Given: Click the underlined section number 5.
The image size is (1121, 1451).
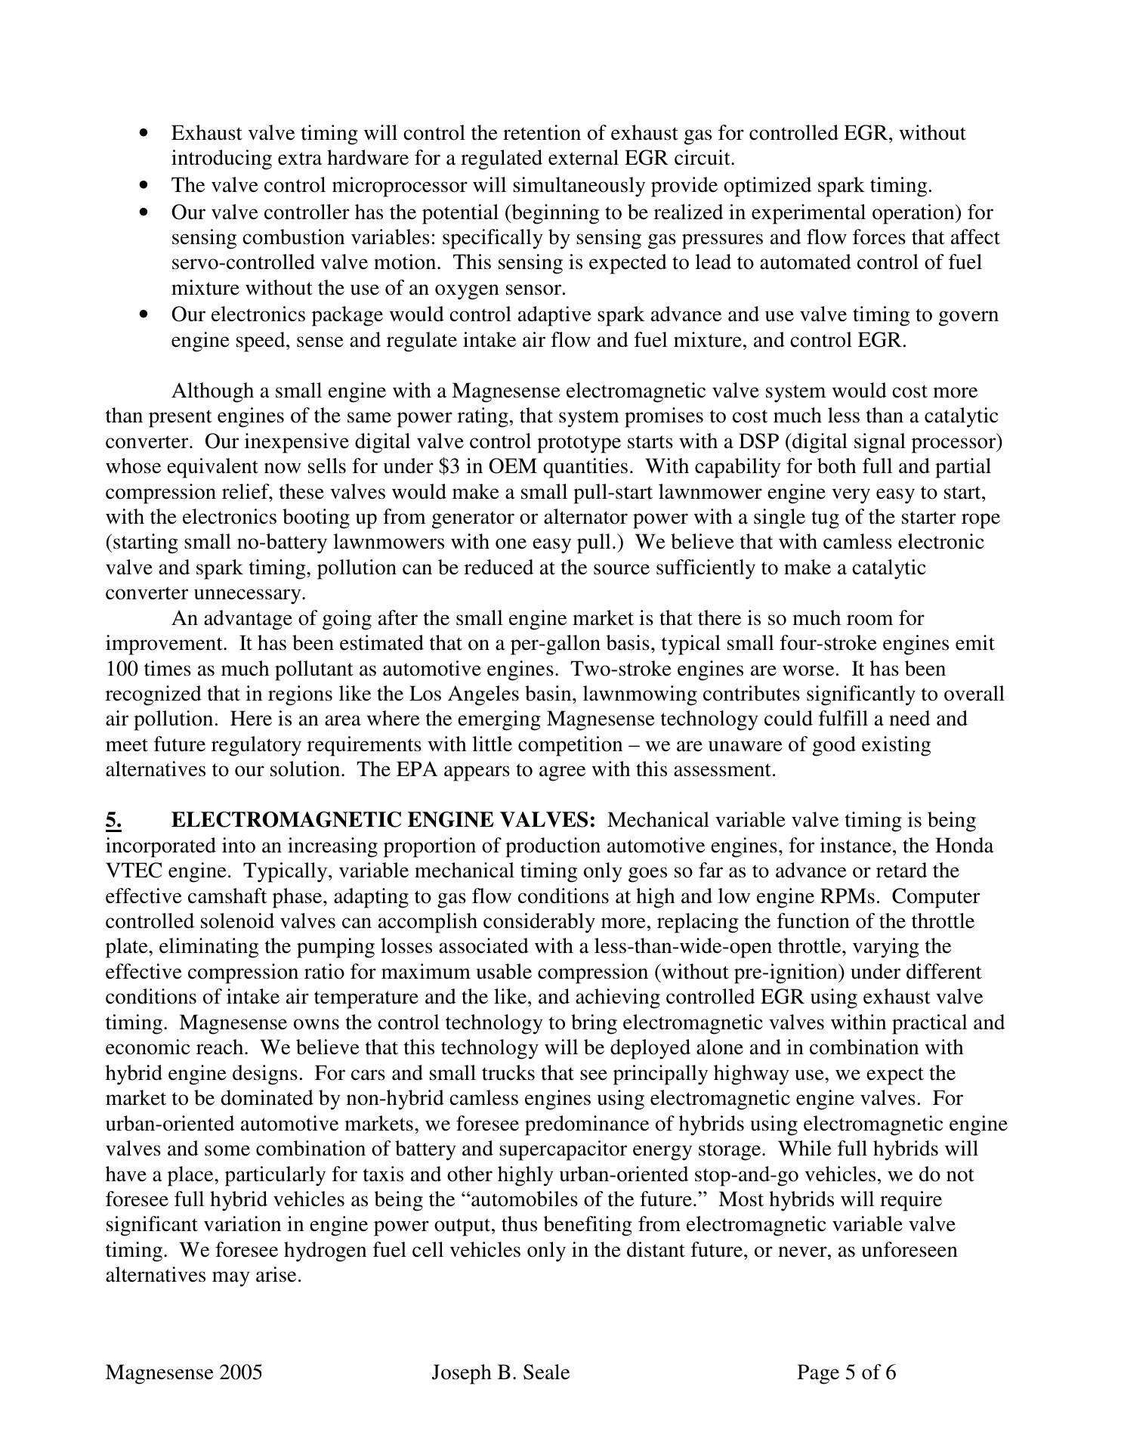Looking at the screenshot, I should pos(113,821).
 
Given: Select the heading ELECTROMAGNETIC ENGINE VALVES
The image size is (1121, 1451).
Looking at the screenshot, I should pos(384,821).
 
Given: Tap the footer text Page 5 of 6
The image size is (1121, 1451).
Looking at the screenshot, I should pos(846,1372).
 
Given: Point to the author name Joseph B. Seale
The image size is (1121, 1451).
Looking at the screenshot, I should pos(500,1372).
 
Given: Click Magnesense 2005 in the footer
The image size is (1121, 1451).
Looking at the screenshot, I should pos(184,1372).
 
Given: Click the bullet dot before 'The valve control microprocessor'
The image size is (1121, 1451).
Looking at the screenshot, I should pos(144,185).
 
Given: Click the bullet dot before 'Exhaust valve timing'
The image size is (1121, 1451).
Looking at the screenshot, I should pos(144,134).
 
